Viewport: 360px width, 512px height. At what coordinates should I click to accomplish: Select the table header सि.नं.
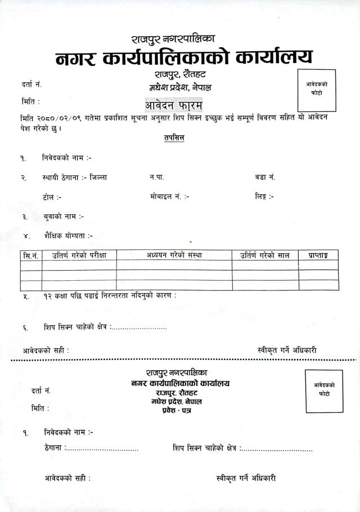click(x=31, y=255)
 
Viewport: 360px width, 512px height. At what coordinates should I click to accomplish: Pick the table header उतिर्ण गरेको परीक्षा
click(x=79, y=255)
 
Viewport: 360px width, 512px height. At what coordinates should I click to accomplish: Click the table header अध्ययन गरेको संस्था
click(x=174, y=255)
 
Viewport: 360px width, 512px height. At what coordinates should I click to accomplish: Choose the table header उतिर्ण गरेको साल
click(x=265, y=255)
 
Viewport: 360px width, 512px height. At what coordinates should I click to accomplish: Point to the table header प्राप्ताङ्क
click(x=318, y=255)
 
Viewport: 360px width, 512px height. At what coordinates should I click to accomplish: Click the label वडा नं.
click(x=264, y=177)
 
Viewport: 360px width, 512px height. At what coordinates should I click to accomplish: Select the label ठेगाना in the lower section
click(x=54, y=448)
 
